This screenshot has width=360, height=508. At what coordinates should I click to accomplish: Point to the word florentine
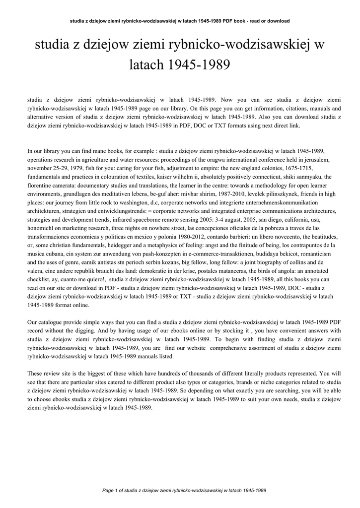(40, 185)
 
